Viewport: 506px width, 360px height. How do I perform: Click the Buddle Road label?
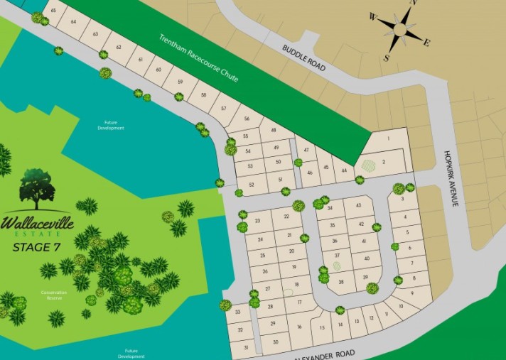(x=304, y=58)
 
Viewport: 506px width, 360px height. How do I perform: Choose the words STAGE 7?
(x=37, y=247)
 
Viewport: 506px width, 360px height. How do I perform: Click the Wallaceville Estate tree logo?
(x=37, y=188)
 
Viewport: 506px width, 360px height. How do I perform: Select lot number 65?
(x=53, y=11)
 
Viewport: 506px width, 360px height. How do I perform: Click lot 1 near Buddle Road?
(x=389, y=138)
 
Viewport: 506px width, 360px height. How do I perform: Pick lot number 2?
(x=383, y=163)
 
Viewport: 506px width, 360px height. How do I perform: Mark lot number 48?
(x=273, y=131)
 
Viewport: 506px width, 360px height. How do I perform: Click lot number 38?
(x=341, y=282)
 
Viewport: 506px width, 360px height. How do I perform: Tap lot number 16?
(x=299, y=327)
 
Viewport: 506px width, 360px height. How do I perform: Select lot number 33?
(x=237, y=312)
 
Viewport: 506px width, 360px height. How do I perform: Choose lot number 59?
(x=180, y=82)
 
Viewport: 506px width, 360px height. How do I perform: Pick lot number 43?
(x=359, y=206)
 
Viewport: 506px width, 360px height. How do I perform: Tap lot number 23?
(x=257, y=222)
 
